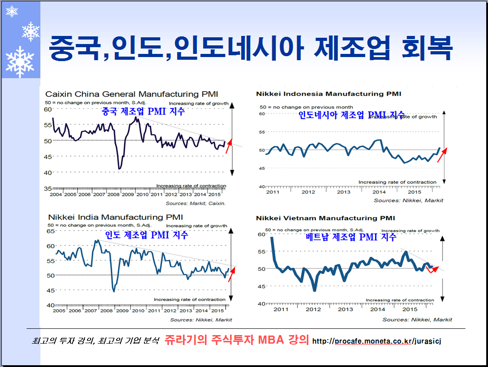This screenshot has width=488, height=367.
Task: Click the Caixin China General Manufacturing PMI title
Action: click(x=131, y=94)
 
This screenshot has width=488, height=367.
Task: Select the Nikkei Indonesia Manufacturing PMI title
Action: click(x=328, y=94)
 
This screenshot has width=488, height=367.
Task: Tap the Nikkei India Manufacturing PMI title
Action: click(x=118, y=217)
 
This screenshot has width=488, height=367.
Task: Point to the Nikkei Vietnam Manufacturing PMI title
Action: click(x=325, y=218)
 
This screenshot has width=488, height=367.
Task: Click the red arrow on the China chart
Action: click(x=229, y=146)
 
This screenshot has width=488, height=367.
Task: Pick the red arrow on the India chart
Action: click(x=231, y=274)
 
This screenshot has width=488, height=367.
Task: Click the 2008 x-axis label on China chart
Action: click(x=113, y=194)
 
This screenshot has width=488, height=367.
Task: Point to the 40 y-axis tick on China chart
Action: click(x=47, y=172)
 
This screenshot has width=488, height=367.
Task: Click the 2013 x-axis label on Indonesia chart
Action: click(x=344, y=192)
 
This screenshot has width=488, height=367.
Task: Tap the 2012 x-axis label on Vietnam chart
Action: click(x=313, y=309)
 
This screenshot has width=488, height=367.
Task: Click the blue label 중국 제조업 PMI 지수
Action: click(x=143, y=112)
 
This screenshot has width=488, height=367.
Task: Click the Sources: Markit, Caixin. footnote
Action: click(x=196, y=203)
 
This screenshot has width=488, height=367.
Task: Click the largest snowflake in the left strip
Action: click(x=20, y=62)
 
